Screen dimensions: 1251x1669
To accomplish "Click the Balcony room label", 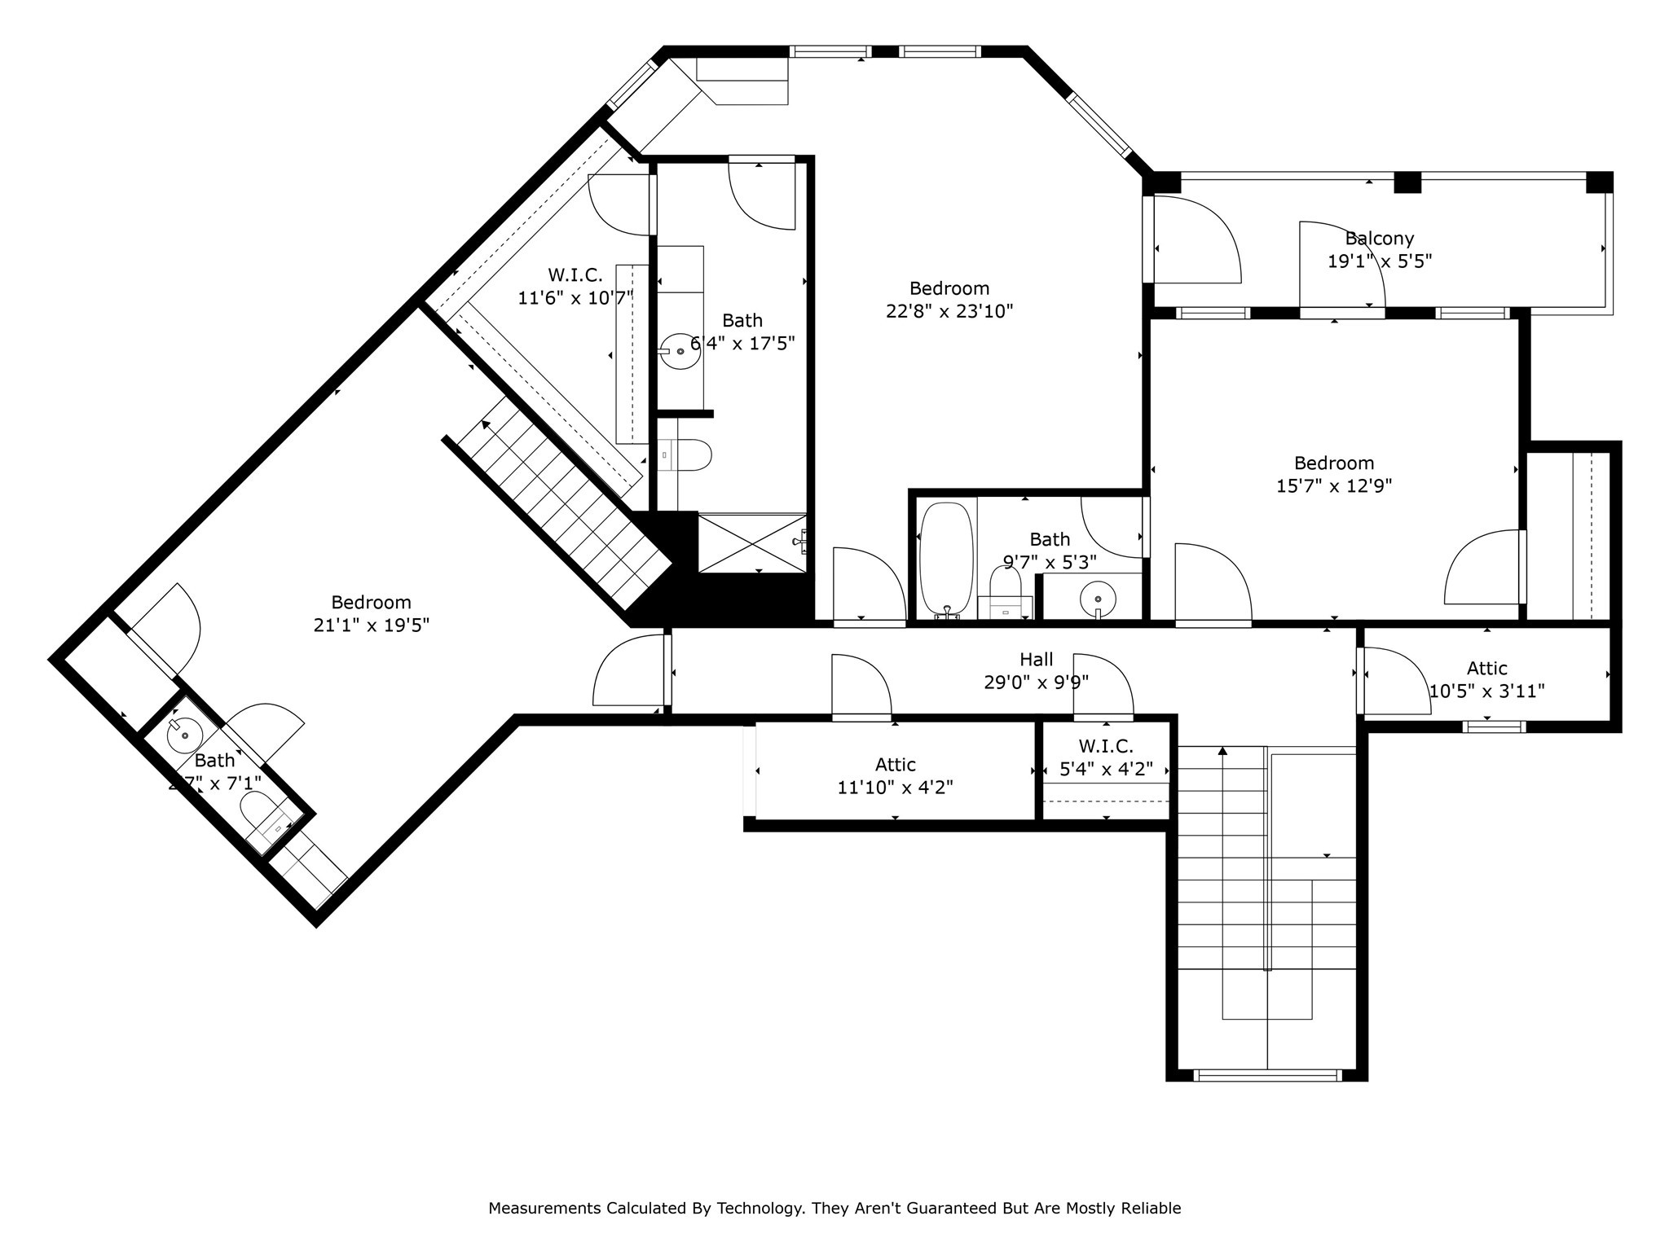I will [x=1379, y=239].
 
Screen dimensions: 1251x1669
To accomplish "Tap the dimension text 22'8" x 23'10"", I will [x=949, y=311].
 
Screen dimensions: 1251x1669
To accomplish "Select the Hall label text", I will [x=1036, y=660].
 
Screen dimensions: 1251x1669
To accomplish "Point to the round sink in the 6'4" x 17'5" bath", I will [x=680, y=351].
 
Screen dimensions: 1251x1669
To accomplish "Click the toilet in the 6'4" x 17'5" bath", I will [x=693, y=456].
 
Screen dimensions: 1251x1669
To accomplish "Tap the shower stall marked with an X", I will [x=752, y=542].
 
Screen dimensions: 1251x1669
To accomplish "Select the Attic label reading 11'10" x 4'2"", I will [x=895, y=765].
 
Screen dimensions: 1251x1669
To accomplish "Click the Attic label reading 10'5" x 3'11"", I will [x=1486, y=669].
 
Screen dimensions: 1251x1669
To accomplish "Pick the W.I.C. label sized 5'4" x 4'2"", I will [x=1106, y=746].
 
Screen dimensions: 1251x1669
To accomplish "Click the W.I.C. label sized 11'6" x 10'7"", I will [x=575, y=275].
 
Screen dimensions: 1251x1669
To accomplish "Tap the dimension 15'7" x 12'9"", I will [x=1333, y=486].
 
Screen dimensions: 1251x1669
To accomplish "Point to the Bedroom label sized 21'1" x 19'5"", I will [x=371, y=603].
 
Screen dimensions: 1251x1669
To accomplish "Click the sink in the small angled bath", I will [x=185, y=735].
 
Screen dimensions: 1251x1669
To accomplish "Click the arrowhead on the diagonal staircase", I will [x=487, y=424].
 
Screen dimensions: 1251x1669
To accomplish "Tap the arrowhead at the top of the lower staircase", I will [x=1222, y=751].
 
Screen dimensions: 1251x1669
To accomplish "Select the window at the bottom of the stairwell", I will [x=1266, y=1076].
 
